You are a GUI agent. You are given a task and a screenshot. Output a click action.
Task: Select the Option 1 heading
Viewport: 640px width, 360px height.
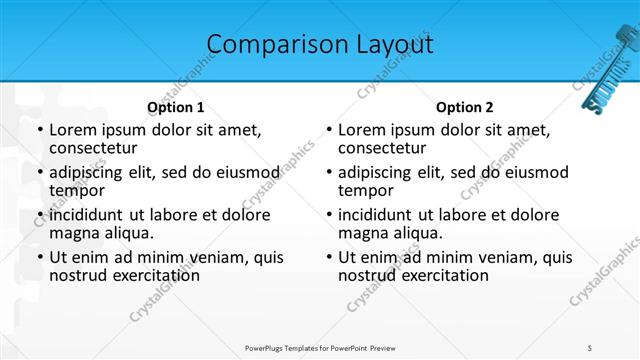[x=176, y=107]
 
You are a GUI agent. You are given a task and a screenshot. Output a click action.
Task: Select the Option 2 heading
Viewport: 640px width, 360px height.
[x=465, y=107]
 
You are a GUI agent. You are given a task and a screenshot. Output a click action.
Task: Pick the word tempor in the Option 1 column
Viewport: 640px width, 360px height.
[x=76, y=191]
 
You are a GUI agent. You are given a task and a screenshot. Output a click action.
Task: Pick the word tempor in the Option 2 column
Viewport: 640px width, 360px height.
[x=365, y=191]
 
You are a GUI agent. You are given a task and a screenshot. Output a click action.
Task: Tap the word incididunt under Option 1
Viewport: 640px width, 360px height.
[x=93, y=215]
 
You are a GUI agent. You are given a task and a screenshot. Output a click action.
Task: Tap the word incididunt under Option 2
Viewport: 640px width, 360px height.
[x=382, y=215]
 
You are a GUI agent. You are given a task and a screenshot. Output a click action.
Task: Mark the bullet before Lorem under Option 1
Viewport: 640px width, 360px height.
[x=39, y=131]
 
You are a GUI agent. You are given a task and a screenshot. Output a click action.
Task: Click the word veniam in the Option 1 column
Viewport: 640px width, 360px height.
[x=212, y=257]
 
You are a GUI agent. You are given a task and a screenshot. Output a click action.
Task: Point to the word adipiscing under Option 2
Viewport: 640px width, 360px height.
[x=381, y=172]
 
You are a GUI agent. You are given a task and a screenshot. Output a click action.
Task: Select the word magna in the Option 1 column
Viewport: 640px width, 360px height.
[x=74, y=233]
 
